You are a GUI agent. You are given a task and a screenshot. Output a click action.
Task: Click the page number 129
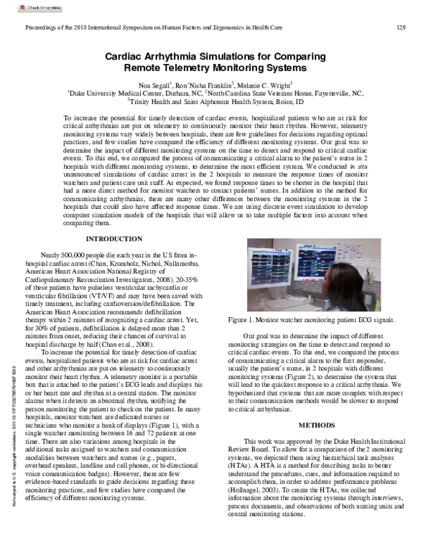tap(402, 27)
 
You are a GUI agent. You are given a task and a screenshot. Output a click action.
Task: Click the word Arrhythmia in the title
tap(175, 56)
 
